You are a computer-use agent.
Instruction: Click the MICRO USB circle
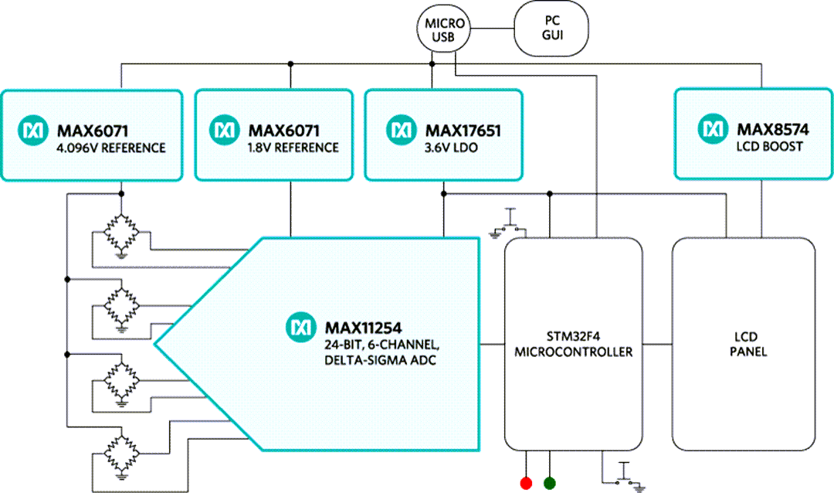445,29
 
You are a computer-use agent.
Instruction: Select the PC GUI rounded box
551,29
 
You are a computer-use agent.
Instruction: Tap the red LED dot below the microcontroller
527,483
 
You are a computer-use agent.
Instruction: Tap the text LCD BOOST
769,145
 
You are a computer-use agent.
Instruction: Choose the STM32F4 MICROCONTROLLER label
573,345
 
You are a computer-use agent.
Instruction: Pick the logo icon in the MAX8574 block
712,128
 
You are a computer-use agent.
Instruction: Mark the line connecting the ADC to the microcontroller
492,343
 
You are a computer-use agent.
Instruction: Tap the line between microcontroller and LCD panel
657,343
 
